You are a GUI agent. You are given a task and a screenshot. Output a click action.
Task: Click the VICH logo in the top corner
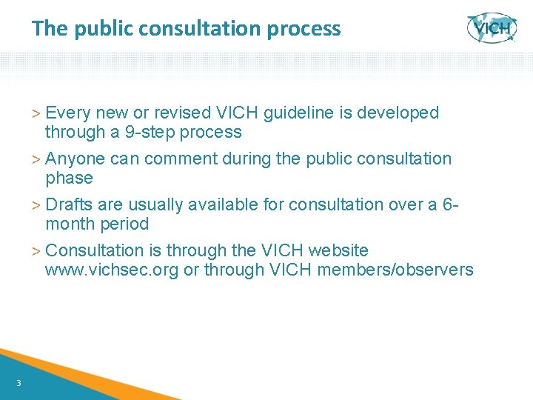tap(492, 28)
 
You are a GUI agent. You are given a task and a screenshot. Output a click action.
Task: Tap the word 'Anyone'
tap(75, 159)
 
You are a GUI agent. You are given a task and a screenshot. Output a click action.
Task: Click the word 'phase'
tap(69, 179)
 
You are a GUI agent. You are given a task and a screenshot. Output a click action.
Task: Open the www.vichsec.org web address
tap(111, 270)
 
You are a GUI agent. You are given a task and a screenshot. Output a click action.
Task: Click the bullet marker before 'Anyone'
tap(38, 159)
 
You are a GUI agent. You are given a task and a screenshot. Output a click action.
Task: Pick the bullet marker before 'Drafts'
tap(38, 205)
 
